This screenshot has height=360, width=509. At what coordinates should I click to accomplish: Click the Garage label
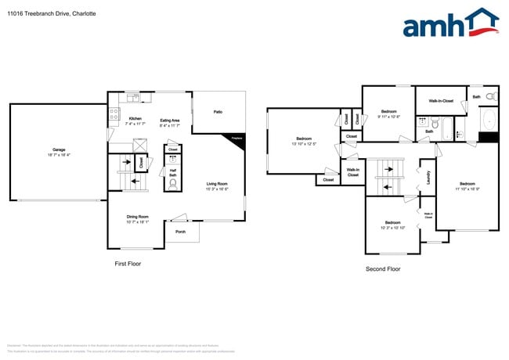pos(59,149)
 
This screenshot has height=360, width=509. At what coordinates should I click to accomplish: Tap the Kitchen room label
pos(135,120)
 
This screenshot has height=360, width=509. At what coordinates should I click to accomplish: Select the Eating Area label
pos(170,120)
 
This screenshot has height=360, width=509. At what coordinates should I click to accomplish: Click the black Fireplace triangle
pos(238,139)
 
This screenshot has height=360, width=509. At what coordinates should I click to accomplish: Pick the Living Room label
pos(217,184)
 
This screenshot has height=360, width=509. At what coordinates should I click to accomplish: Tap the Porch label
pos(180,232)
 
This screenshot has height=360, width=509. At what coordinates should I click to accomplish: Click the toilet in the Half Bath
pos(173,185)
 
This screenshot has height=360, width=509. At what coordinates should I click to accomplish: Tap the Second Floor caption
pos(383,268)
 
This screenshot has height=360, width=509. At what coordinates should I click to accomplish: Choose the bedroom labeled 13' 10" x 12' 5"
pos(298,141)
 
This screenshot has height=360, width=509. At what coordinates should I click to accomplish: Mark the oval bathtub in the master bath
pos(489,120)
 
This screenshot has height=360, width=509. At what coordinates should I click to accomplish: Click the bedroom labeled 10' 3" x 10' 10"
pos(392,225)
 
